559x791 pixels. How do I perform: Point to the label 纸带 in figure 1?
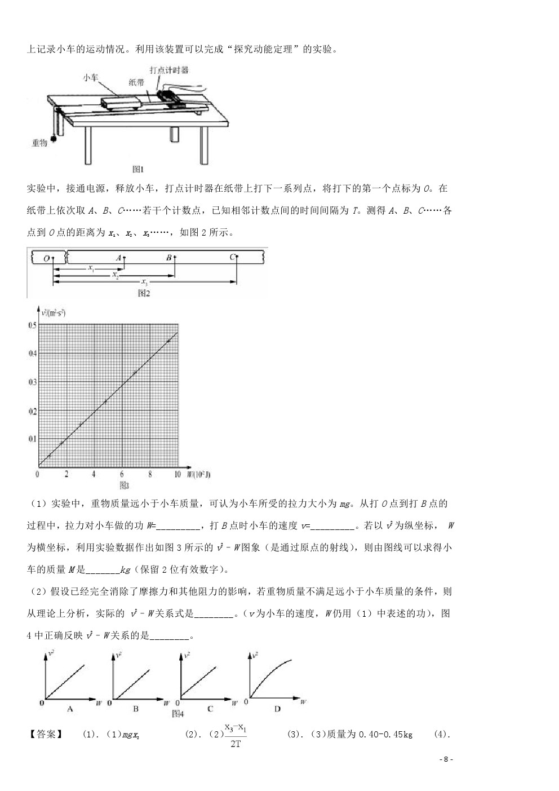136,82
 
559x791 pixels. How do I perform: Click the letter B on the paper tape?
168,258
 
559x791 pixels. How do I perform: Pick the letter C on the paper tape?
232,258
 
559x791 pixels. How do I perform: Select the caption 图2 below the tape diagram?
144,293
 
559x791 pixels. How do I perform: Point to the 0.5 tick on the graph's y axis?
32,325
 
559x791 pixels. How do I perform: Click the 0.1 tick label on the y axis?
32,438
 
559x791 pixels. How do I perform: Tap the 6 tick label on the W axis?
122,475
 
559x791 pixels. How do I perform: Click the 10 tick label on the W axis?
177,475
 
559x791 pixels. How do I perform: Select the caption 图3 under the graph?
125,485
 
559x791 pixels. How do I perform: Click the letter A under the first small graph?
70,709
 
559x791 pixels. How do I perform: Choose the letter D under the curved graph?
277,709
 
